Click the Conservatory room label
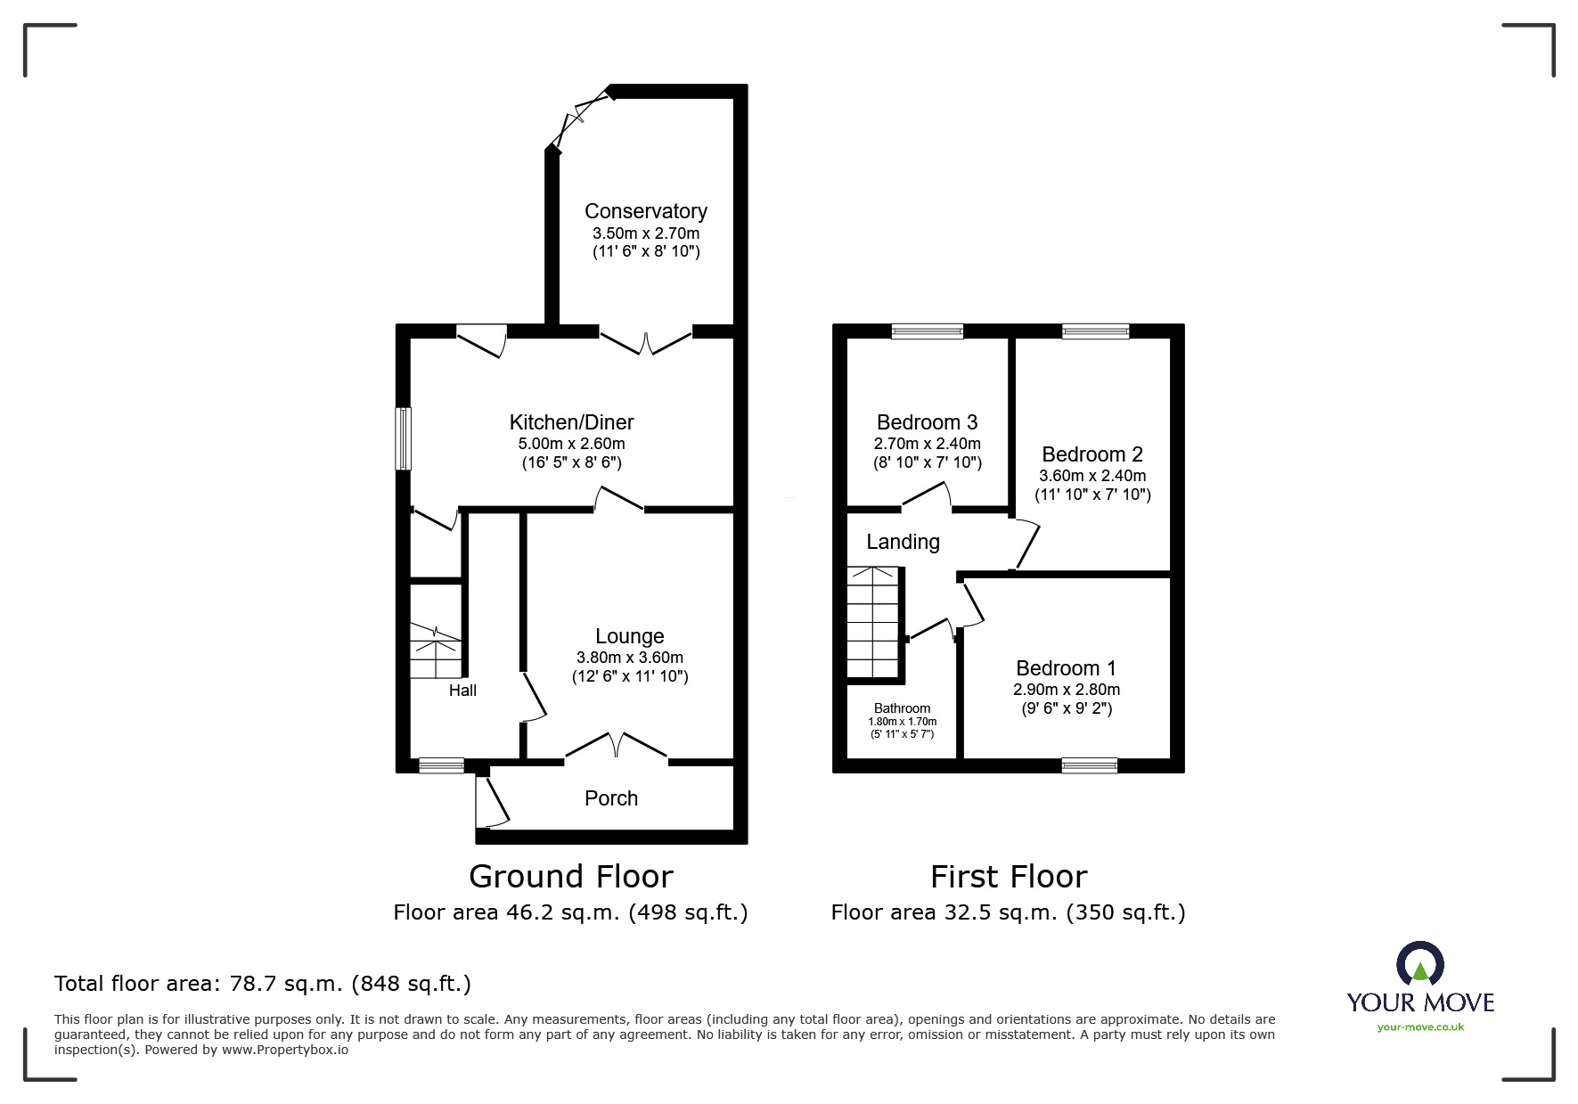[645, 211]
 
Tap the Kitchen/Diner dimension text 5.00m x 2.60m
[571, 444]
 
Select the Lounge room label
[629, 636]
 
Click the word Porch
[610, 798]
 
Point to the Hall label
[462, 691]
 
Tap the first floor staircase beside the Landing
[872, 623]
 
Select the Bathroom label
[902, 708]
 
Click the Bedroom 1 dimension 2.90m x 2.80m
[1066, 690]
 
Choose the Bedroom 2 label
[1092, 454]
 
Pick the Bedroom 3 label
[927, 422]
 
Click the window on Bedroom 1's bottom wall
[1089, 765]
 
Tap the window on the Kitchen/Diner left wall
[404, 438]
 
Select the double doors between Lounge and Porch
[616, 747]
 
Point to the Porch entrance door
[491, 801]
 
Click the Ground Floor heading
[570, 877]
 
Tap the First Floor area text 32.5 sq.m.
[1008, 912]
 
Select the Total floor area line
[263, 984]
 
